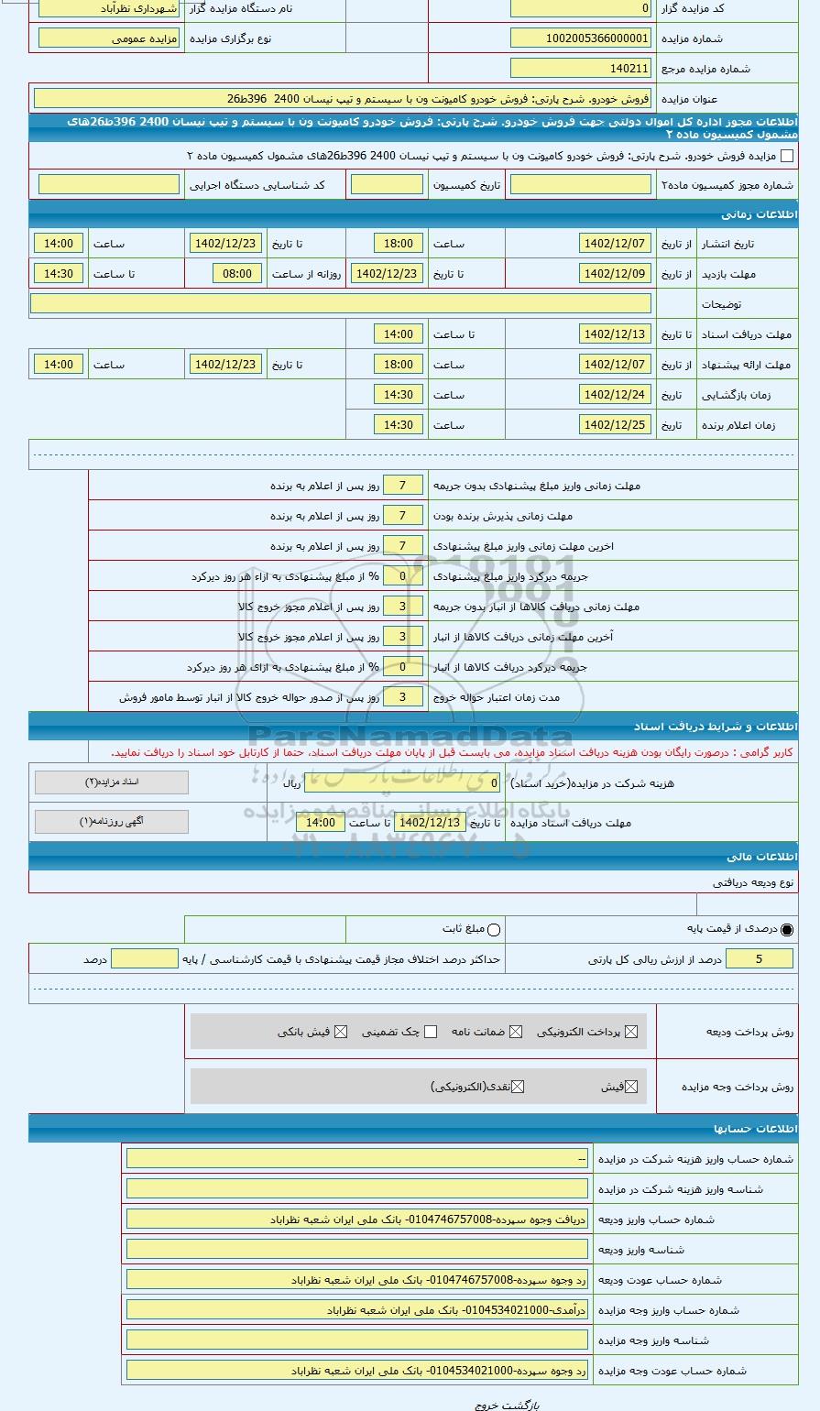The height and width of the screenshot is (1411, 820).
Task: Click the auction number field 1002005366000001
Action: pyautogui.click(x=581, y=38)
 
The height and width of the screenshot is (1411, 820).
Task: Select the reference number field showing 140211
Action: pyautogui.click(x=581, y=69)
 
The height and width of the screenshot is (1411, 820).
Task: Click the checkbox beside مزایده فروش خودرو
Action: pyautogui.click(x=786, y=156)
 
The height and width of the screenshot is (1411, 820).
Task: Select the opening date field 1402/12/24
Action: pyautogui.click(x=616, y=395)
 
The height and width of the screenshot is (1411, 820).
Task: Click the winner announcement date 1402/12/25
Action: pyautogui.click(x=616, y=425)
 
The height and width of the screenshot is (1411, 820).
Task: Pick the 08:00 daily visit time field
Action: pyautogui.click(x=237, y=274)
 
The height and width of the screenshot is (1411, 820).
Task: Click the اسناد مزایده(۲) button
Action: pyautogui.click(x=112, y=782)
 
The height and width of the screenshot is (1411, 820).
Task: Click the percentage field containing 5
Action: pyautogui.click(x=759, y=959)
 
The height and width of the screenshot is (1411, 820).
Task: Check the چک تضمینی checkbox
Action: pyautogui.click(x=431, y=1033)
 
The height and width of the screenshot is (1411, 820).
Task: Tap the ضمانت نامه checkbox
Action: pyautogui.click(x=516, y=1033)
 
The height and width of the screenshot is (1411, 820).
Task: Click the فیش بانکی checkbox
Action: pyautogui.click(x=341, y=1033)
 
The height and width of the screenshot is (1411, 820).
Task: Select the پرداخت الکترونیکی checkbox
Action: pyautogui.click(x=629, y=1033)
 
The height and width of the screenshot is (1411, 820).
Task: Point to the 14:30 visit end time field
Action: pyautogui.click(x=59, y=274)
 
